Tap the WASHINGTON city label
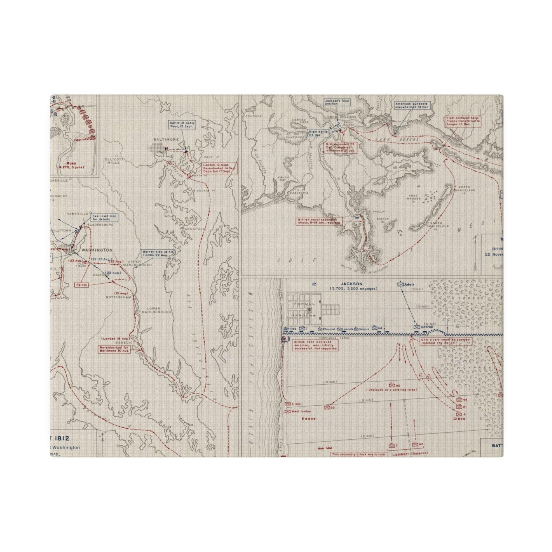coord(97,250)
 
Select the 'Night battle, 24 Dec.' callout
coord(317,133)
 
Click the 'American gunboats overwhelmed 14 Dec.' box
coord(412,106)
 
